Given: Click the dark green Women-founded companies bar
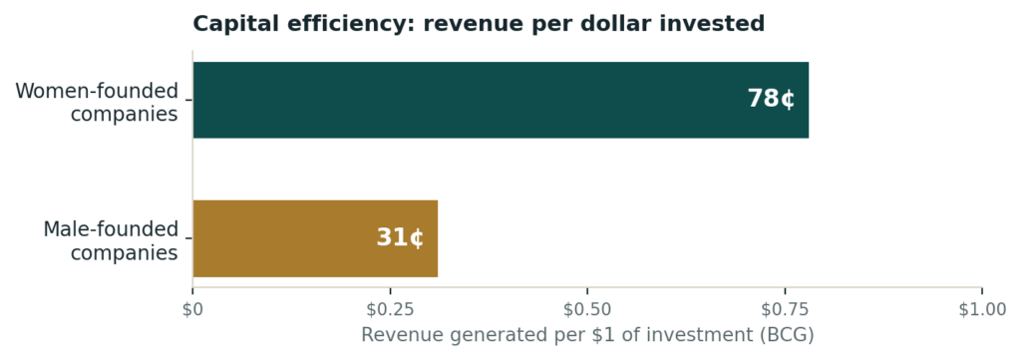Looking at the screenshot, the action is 501,100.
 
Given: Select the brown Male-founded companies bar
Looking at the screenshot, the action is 315,238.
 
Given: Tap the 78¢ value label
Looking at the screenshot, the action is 771,99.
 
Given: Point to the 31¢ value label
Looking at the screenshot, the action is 400,237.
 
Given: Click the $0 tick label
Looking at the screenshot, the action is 192,310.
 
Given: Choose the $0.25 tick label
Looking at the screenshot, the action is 390,310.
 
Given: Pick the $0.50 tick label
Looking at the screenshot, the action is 587,310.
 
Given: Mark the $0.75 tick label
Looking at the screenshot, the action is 785,310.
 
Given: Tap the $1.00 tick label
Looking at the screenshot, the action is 982,310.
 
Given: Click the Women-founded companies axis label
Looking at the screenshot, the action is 97,102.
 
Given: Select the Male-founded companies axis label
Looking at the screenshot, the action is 111,241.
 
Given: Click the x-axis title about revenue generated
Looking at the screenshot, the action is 587,335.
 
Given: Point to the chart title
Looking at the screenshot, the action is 479,24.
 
